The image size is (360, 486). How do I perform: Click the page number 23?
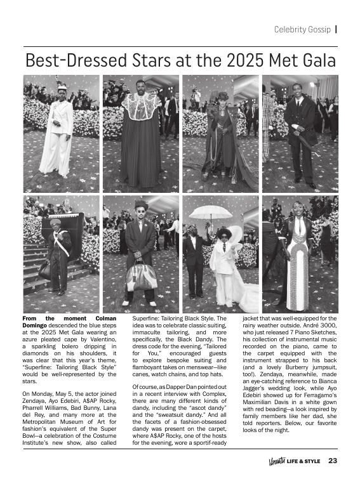pyautogui.click(x=333, y=461)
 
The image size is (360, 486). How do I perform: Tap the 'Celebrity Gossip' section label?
pyautogui.click(x=302, y=29)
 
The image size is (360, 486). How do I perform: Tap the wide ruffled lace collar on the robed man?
pyautogui.click(x=140, y=105)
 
